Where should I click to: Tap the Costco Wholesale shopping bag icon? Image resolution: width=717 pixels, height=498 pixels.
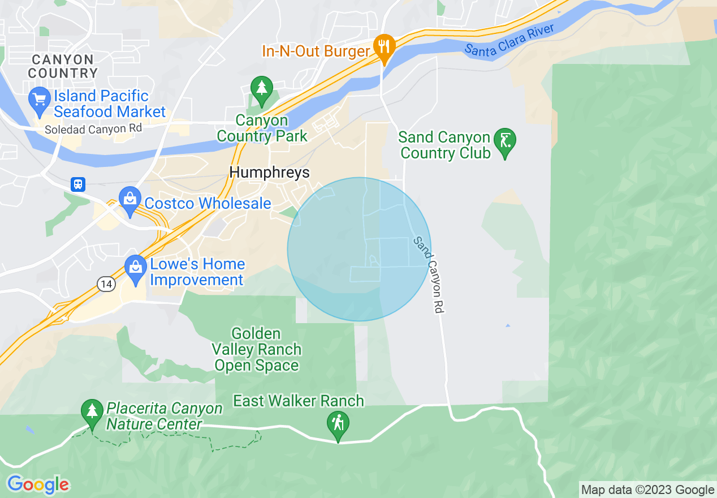(x=130, y=200)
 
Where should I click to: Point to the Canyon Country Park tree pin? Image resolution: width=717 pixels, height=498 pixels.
(x=261, y=89)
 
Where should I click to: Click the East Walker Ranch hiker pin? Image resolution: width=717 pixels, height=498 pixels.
(x=338, y=424)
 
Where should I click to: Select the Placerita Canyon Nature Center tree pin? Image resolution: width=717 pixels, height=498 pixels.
(x=91, y=412)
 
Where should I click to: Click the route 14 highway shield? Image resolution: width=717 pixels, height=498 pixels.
(x=106, y=285)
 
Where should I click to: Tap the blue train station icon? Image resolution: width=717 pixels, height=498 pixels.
(x=78, y=184)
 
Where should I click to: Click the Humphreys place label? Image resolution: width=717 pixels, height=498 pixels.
(x=270, y=173)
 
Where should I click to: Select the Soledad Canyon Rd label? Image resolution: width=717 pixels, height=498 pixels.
(x=93, y=129)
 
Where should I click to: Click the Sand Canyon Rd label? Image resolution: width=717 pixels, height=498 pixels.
(x=429, y=274)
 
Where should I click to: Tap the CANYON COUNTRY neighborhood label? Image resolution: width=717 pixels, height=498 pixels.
(x=62, y=66)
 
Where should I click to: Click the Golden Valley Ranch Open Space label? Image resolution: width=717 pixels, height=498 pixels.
(x=257, y=350)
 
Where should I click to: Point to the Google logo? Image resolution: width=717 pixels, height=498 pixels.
(x=38, y=485)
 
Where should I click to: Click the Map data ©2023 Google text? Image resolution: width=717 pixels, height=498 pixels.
(x=647, y=490)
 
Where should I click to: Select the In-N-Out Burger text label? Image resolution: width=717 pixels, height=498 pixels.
(x=316, y=51)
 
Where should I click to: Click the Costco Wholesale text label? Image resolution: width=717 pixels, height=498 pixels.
(x=208, y=203)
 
